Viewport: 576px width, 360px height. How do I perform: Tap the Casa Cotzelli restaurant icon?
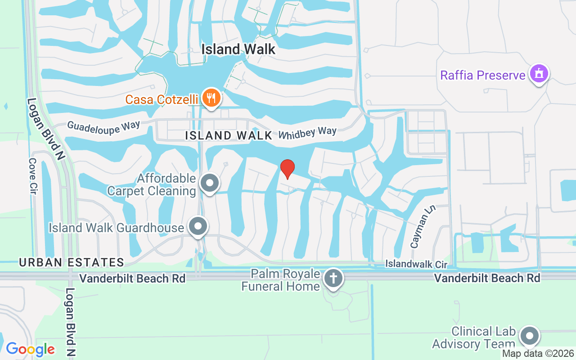point(210,98)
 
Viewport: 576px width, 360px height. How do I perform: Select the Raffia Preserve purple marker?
point(539,73)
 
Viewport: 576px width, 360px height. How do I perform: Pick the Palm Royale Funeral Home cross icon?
point(333,279)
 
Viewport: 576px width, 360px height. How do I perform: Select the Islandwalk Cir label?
point(417,264)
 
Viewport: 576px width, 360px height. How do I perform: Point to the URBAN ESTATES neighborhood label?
point(71,262)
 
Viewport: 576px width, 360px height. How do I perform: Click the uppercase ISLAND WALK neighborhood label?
point(229,135)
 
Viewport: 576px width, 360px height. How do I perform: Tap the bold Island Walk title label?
point(238,49)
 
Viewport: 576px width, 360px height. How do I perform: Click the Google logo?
point(30,349)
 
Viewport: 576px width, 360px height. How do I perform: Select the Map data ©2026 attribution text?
point(538,354)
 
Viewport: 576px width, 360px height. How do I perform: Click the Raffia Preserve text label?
point(483,75)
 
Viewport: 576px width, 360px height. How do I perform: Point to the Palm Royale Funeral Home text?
point(281,280)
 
